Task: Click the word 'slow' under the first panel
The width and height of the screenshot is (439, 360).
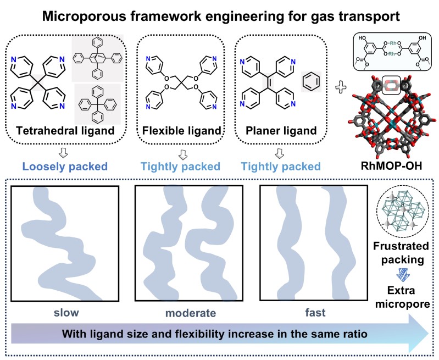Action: coord(66,314)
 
